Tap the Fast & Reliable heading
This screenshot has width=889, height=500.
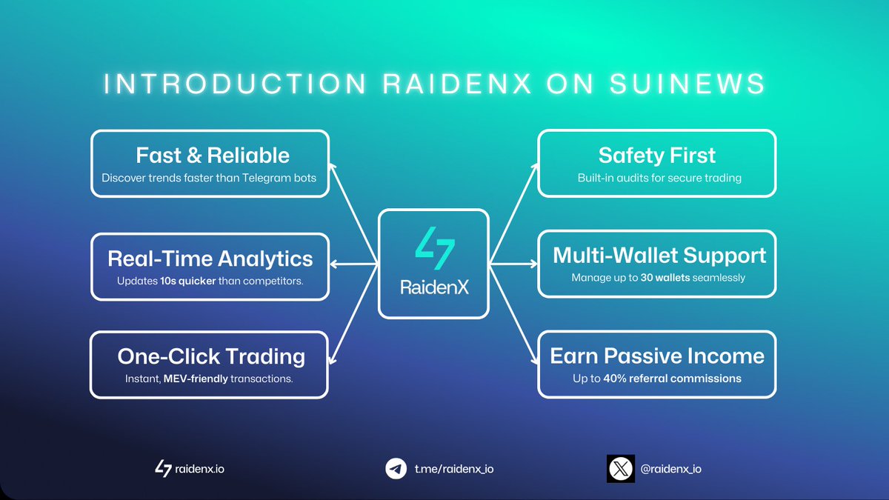213,156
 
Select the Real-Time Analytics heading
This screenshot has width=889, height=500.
210,259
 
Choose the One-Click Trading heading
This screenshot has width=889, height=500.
211,356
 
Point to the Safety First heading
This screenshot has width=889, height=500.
657,156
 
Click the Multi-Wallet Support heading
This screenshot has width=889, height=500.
659,256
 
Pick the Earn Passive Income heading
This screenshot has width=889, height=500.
657,356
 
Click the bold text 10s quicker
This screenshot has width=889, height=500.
187,281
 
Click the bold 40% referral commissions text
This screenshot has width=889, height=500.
682,379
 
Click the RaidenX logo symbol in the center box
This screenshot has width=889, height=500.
434,250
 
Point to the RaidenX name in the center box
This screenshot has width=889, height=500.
434,287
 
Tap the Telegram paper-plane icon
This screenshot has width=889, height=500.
396,469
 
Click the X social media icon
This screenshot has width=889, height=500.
621,469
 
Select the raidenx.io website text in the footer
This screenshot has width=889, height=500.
199,469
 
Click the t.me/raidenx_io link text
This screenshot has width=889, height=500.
453,469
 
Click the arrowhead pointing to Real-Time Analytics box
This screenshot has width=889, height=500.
334,263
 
